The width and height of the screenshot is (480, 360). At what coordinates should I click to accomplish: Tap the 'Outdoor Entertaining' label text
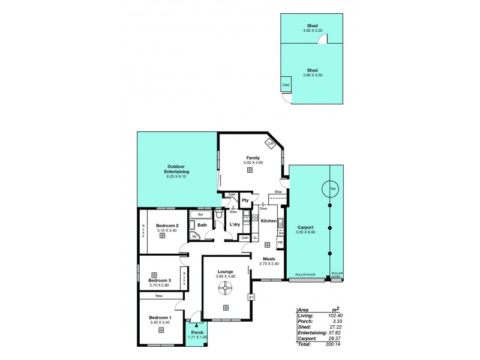[173, 169]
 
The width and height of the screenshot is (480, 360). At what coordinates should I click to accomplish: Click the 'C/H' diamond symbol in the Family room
[271, 143]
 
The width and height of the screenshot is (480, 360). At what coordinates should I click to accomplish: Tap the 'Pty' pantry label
[245, 200]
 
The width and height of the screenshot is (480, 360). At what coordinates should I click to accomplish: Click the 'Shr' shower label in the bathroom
[194, 237]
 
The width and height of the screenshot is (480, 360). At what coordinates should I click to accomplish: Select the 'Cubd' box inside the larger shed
[286, 85]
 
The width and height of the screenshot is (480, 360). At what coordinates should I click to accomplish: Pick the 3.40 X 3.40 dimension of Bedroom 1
[161, 322]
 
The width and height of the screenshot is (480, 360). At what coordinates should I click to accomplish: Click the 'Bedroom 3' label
[160, 280]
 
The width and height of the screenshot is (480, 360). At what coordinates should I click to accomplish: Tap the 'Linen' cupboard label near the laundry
[245, 238]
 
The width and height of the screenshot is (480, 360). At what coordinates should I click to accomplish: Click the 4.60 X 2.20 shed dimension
[313, 30]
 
